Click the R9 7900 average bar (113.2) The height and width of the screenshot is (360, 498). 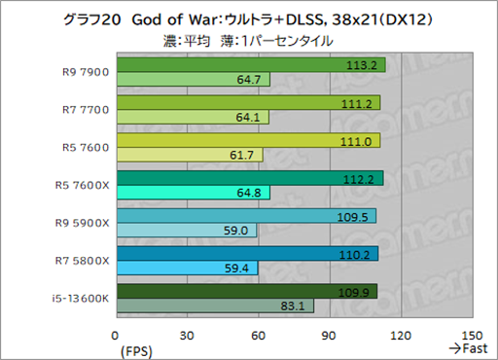(x=250, y=65)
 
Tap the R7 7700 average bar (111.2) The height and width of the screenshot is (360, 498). (x=247, y=102)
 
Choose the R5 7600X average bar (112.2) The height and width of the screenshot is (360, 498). (x=249, y=178)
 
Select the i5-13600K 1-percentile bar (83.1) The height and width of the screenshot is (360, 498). (x=214, y=306)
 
